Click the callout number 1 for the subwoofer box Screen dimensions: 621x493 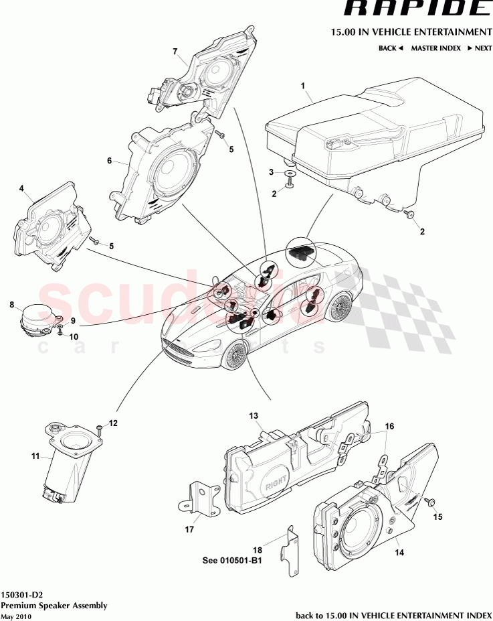tap(302, 86)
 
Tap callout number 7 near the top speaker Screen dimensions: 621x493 tap(175, 52)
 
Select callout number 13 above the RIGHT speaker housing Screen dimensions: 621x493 tap(254, 416)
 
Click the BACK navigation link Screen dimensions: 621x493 tap(391, 48)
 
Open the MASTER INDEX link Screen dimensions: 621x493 tap(435, 48)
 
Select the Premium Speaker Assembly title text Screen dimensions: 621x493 tap(54, 605)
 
